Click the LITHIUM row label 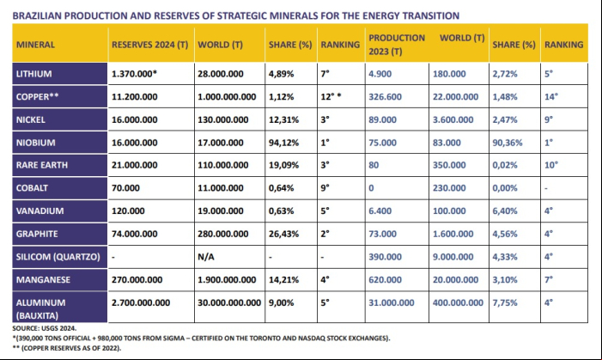(33, 74)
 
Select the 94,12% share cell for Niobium (283, 143)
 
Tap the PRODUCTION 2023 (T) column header (397, 45)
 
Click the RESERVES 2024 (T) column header (149, 45)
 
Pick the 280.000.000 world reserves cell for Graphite (222, 234)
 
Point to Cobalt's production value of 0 (371, 188)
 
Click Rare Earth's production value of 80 (374, 165)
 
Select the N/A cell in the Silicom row (206, 257)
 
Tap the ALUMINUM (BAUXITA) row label (40, 309)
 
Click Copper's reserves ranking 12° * (331, 97)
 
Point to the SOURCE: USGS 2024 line (44, 328)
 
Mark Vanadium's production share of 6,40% (505, 211)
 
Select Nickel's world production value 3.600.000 (453, 120)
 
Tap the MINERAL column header (35, 45)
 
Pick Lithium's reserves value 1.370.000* (134, 74)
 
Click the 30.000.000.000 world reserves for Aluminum (229, 302)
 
